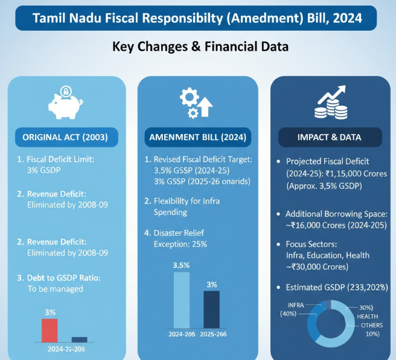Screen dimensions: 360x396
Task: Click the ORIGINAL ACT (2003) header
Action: click(x=65, y=137)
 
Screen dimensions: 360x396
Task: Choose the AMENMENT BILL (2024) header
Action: click(x=197, y=137)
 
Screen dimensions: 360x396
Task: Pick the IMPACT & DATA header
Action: click(x=329, y=137)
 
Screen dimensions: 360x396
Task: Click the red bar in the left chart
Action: click(x=49, y=330)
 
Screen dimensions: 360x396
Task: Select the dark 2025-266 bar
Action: click(x=211, y=309)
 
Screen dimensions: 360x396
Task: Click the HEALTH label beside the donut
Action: click(x=369, y=317)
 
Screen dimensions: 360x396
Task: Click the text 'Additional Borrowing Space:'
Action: click(x=336, y=214)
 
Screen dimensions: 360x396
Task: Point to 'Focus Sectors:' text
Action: click(x=314, y=245)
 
